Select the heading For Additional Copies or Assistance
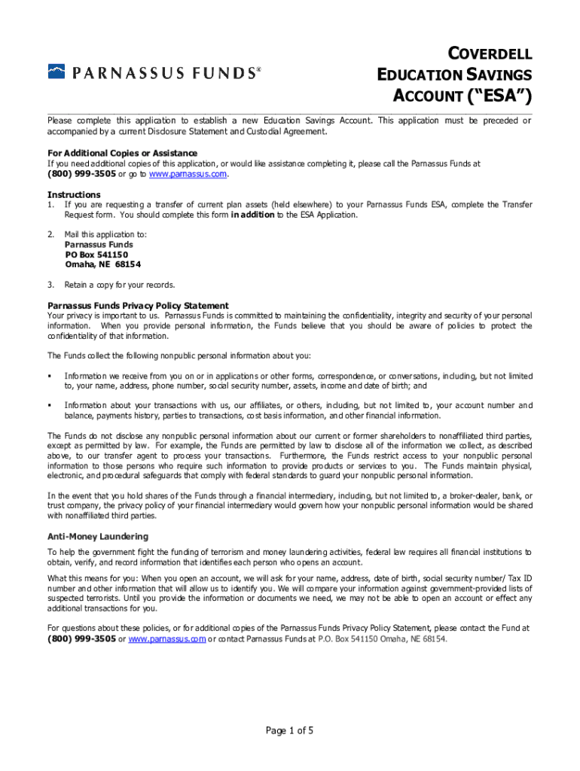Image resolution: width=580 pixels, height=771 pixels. pyautogui.click(x=122, y=154)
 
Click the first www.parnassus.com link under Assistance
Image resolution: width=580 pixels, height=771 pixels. pyautogui.click(x=188, y=175)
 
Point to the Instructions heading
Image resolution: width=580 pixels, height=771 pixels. pyautogui.click(x=74, y=194)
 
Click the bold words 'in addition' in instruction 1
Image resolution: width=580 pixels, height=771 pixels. pyautogui.click(x=252, y=215)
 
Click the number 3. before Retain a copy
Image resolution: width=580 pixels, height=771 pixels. pyautogui.click(x=50, y=285)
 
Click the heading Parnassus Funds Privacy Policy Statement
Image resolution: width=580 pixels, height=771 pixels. pyautogui.click(x=138, y=306)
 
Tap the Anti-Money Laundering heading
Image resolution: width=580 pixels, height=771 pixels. pyautogui.click(x=98, y=536)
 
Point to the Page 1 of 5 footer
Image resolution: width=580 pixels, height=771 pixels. pyautogui.click(x=289, y=730)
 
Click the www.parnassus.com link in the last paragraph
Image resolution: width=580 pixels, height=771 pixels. pyautogui.click(x=166, y=638)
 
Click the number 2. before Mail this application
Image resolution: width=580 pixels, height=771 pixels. pyautogui.click(x=50, y=234)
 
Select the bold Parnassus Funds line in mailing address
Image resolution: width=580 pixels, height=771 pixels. pyautogui.click(x=99, y=245)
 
